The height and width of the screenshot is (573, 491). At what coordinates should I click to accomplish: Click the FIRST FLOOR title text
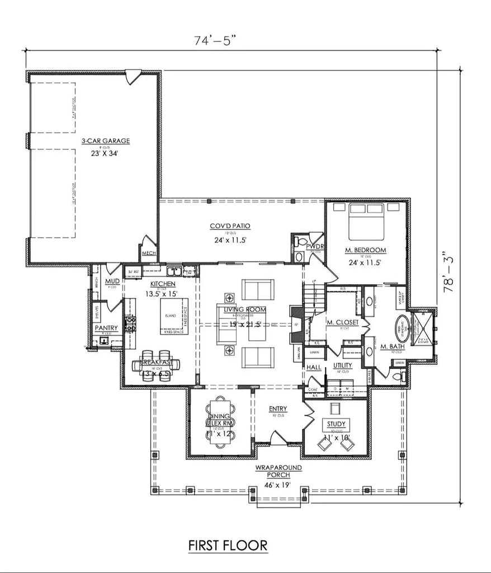(x=227, y=544)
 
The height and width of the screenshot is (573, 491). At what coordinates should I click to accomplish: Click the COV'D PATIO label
(x=230, y=226)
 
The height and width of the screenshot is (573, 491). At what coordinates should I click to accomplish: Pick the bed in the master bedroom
(x=367, y=222)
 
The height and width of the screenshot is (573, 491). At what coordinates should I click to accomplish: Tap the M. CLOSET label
(x=338, y=322)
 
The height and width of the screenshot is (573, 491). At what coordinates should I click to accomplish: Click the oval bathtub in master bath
(x=403, y=328)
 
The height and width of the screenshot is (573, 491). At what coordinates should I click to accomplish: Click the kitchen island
(x=174, y=316)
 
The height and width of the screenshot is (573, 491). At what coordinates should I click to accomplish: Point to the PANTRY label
(x=106, y=328)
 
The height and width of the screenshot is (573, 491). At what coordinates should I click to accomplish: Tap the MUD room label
(x=112, y=281)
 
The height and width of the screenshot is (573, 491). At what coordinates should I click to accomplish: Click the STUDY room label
(x=336, y=424)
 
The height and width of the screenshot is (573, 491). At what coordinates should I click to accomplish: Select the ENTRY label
(x=277, y=409)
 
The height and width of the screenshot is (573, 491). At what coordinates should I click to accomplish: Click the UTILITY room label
(x=342, y=365)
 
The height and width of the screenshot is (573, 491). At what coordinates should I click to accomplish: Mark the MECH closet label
(x=148, y=253)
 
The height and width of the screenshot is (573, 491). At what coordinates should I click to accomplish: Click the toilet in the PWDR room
(x=301, y=243)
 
